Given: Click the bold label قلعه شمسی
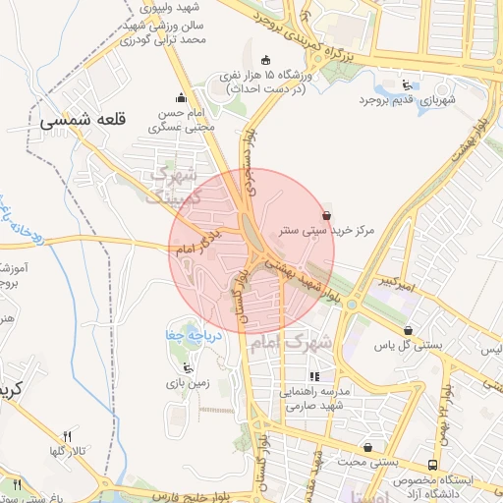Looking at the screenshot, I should [x=84, y=120].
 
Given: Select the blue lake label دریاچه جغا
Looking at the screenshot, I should [x=184, y=336].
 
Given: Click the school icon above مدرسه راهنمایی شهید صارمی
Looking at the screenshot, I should [x=314, y=376].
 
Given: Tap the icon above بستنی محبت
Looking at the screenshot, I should [x=367, y=447].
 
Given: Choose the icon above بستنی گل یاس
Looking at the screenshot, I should [x=408, y=331].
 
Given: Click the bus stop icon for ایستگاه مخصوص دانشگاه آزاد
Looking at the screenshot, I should [x=432, y=465].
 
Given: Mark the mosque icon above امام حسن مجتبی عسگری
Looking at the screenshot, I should [x=180, y=97].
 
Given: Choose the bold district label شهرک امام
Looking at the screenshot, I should [x=292, y=344].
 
